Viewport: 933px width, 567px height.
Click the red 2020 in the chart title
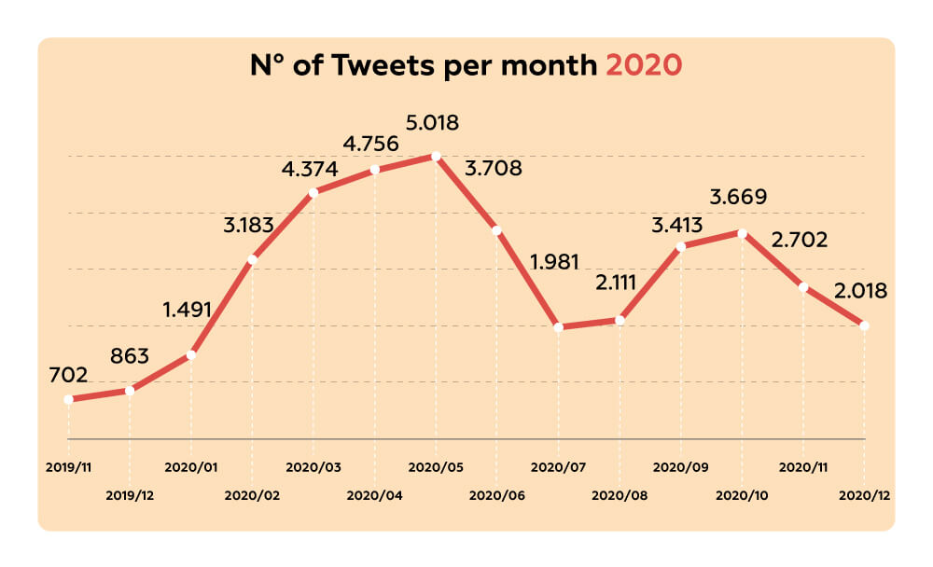pos(644,66)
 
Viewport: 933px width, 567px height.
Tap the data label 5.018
pos(433,123)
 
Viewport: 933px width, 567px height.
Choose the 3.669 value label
pos(739,198)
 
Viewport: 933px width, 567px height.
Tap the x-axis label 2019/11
pos(67,465)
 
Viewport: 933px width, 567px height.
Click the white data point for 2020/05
pos(435,156)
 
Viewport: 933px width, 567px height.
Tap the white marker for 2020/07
pos(558,327)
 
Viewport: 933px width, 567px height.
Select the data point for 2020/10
pos(743,233)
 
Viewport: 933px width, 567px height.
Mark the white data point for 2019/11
pos(68,399)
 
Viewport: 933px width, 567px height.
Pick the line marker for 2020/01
pos(191,354)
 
